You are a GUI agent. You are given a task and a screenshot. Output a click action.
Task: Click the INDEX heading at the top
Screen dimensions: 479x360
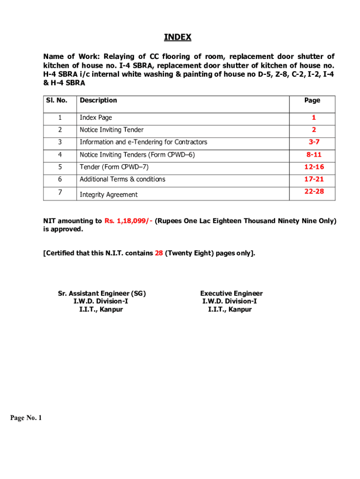(x=177, y=37)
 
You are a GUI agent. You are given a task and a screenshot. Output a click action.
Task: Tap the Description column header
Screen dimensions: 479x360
(x=98, y=100)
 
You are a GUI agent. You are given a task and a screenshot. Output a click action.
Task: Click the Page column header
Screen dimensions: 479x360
(x=312, y=100)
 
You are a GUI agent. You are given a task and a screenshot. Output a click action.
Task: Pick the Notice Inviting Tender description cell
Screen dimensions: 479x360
(x=111, y=130)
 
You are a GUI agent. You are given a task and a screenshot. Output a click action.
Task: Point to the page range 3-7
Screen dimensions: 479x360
(x=314, y=142)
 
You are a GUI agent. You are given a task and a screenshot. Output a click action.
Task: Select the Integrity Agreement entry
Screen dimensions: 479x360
(x=108, y=195)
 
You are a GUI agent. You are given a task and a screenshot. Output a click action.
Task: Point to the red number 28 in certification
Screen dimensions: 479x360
(x=159, y=253)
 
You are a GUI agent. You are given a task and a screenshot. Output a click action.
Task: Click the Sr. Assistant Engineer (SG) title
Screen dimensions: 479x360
(x=101, y=293)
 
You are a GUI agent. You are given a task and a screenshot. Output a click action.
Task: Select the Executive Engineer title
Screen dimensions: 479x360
(x=231, y=293)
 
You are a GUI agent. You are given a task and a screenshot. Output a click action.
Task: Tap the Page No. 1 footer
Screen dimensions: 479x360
(x=26, y=418)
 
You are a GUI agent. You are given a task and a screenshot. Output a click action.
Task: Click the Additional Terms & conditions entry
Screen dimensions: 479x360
(x=122, y=179)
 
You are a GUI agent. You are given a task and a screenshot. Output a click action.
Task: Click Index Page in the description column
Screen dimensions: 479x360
(x=95, y=117)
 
